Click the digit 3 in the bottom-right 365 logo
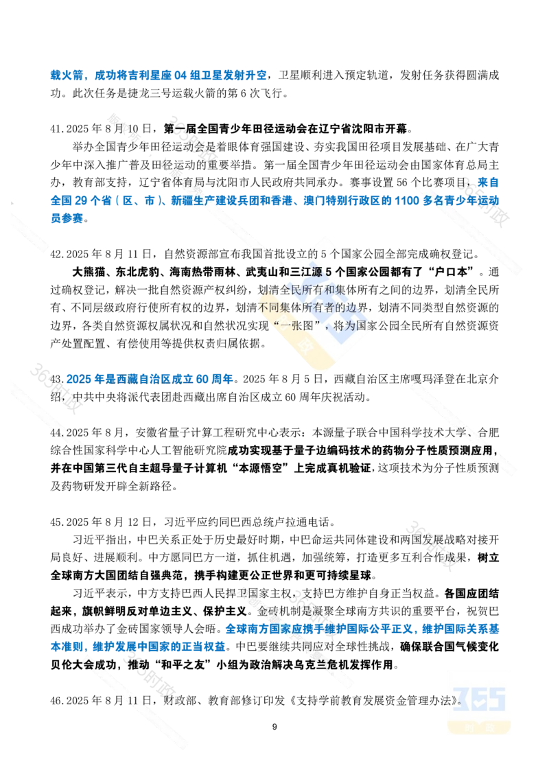460,699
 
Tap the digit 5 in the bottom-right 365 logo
496,699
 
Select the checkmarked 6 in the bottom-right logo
478,699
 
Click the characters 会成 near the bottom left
91,664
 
